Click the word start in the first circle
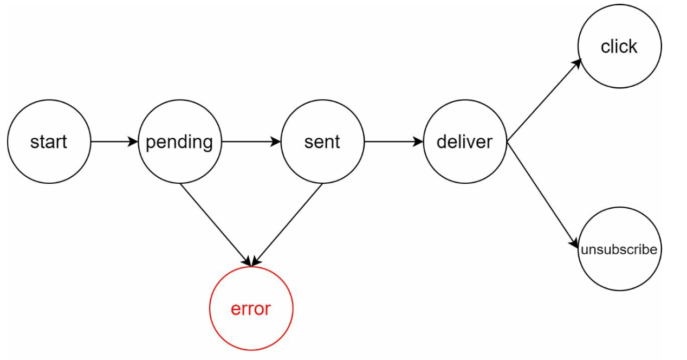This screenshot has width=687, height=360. coord(49,142)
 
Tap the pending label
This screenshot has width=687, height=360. coord(179,142)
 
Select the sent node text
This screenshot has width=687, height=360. coord(322,142)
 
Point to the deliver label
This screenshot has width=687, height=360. coord(464,142)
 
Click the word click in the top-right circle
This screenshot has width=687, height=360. coord(619,47)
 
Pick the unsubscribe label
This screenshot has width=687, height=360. coord(619,250)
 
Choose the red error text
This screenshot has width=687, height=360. coord(250,309)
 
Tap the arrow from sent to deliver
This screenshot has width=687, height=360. coord(392,142)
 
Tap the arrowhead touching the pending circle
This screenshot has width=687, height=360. coord(133,142)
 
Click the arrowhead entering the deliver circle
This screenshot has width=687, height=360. coord(418,142)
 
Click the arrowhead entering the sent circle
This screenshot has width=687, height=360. coord(276,142)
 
